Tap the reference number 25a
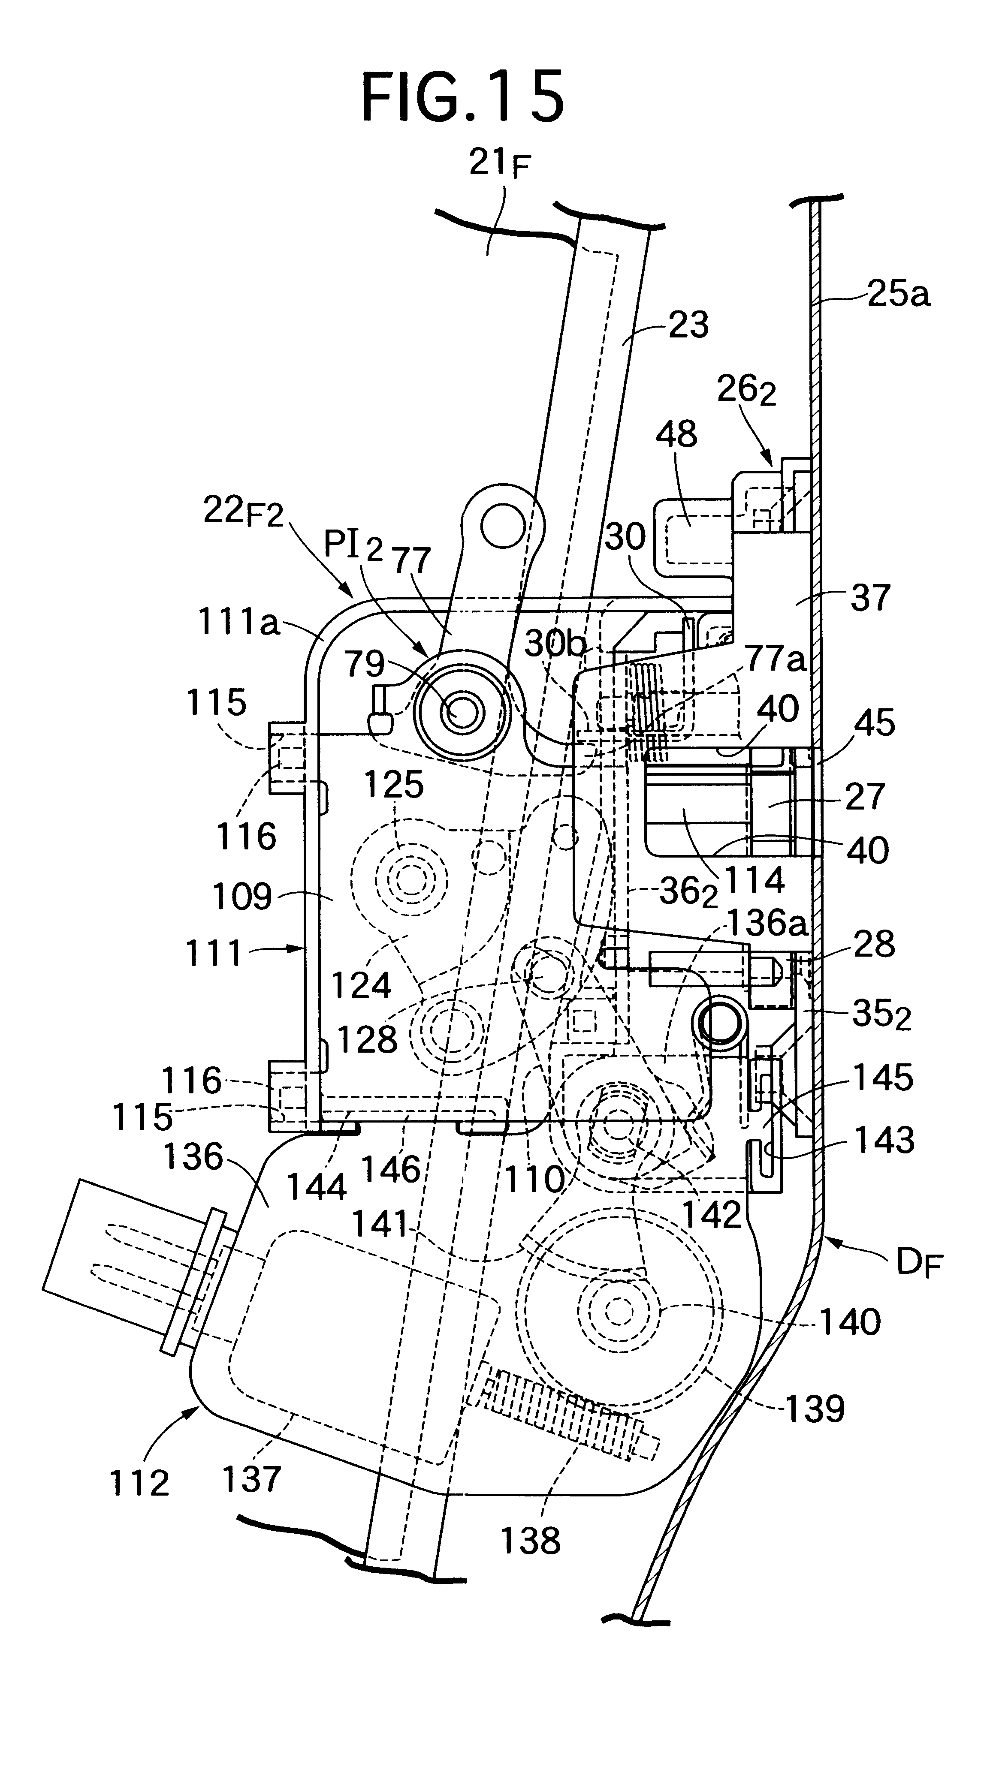(898, 294)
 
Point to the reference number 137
(251, 1479)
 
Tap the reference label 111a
(238, 623)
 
